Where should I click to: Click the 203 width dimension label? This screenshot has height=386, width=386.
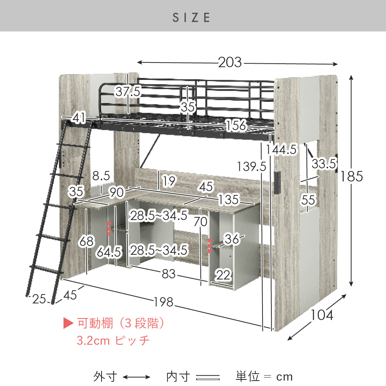pyautogui.click(x=230, y=62)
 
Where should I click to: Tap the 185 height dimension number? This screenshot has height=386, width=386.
pyautogui.click(x=352, y=176)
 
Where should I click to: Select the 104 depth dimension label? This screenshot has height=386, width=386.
pyautogui.click(x=322, y=315)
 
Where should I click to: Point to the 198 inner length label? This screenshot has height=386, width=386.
pyautogui.click(x=164, y=302)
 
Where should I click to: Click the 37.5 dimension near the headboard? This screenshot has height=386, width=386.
pyautogui.click(x=128, y=91)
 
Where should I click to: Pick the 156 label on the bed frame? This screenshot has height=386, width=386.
pyautogui.click(x=236, y=125)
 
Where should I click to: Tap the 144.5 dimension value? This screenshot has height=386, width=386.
pyautogui.click(x=282, y=149)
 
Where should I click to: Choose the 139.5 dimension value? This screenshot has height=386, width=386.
pyautogui.click(x=252, y=166)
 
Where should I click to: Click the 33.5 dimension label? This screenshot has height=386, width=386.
pyautogui.click(x=324, y=163)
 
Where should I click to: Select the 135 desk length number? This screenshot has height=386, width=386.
pyautogui.click(x=229, y=200)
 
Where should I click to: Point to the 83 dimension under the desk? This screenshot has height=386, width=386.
pyautogui.click(x=169, y=274)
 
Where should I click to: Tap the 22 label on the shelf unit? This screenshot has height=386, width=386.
pyautogui.click(x=223, y=275)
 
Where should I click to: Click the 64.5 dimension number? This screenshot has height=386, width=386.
pyautogui.click(x=109, y=252)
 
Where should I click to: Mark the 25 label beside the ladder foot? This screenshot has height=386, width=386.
pyautogui.click(x=39, y=299)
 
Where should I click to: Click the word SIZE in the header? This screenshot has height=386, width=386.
pyautogui.click(x=191, y=17)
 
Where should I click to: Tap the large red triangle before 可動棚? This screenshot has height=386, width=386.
pyautogui.click(x=68, y=323)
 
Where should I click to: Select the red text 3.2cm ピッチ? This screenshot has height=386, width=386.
pyautogui.click(x=113, y=340)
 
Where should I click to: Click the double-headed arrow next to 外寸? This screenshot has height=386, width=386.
pyautogui.click(x=136, y=377)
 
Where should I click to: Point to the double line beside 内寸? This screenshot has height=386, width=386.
pyautogui.click(x=208, y=378)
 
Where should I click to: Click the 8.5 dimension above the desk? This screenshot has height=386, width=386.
pyautogui.click(x=101, y=176)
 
